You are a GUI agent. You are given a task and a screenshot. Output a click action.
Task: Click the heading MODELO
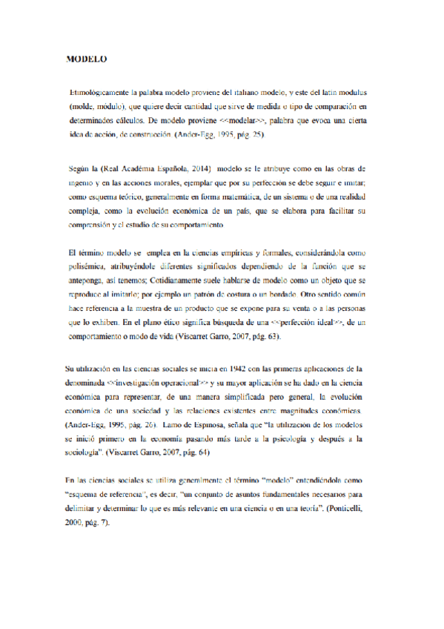87,57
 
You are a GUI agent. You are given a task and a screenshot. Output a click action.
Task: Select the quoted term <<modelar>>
242,119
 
